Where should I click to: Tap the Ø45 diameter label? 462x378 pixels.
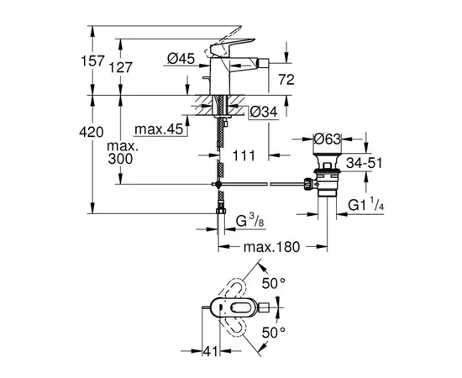181,58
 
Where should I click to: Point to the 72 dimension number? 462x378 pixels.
287,80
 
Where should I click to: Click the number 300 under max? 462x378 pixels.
120,160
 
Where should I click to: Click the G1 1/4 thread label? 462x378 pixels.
365,202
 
